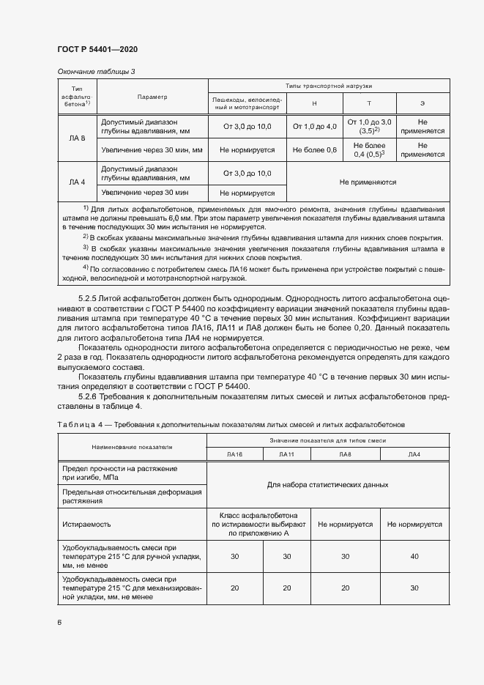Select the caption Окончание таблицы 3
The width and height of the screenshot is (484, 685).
[x=96, y=71]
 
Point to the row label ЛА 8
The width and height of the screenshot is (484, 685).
[x=77, y=138]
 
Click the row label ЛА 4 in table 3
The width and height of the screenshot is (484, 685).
[x=77, y=182]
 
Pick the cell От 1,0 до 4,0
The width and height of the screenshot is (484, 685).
[x=314, y=127]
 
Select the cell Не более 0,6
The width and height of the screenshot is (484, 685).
[x=314, y=149]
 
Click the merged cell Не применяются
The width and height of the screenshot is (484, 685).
[x=368, y=182]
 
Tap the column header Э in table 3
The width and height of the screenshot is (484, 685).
[x=422, y=103]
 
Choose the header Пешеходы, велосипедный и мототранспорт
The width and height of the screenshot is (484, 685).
[x=246, y=103]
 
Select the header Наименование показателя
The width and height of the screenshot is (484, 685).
[x=131, y=446]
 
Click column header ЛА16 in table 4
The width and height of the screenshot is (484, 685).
[x=234, y=454]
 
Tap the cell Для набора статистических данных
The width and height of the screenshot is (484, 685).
[x=327, y=485]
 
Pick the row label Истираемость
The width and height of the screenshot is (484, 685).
[x=86, y=525]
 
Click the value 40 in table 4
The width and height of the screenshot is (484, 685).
[x=414, y=557]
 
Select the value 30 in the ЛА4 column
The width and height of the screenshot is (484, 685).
[x=414, y=588]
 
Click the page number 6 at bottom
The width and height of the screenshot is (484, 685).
[x=59, y=622]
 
